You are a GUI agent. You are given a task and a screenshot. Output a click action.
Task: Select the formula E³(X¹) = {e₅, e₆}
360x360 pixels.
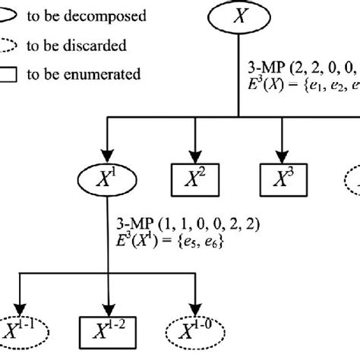tap(163, 244)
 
